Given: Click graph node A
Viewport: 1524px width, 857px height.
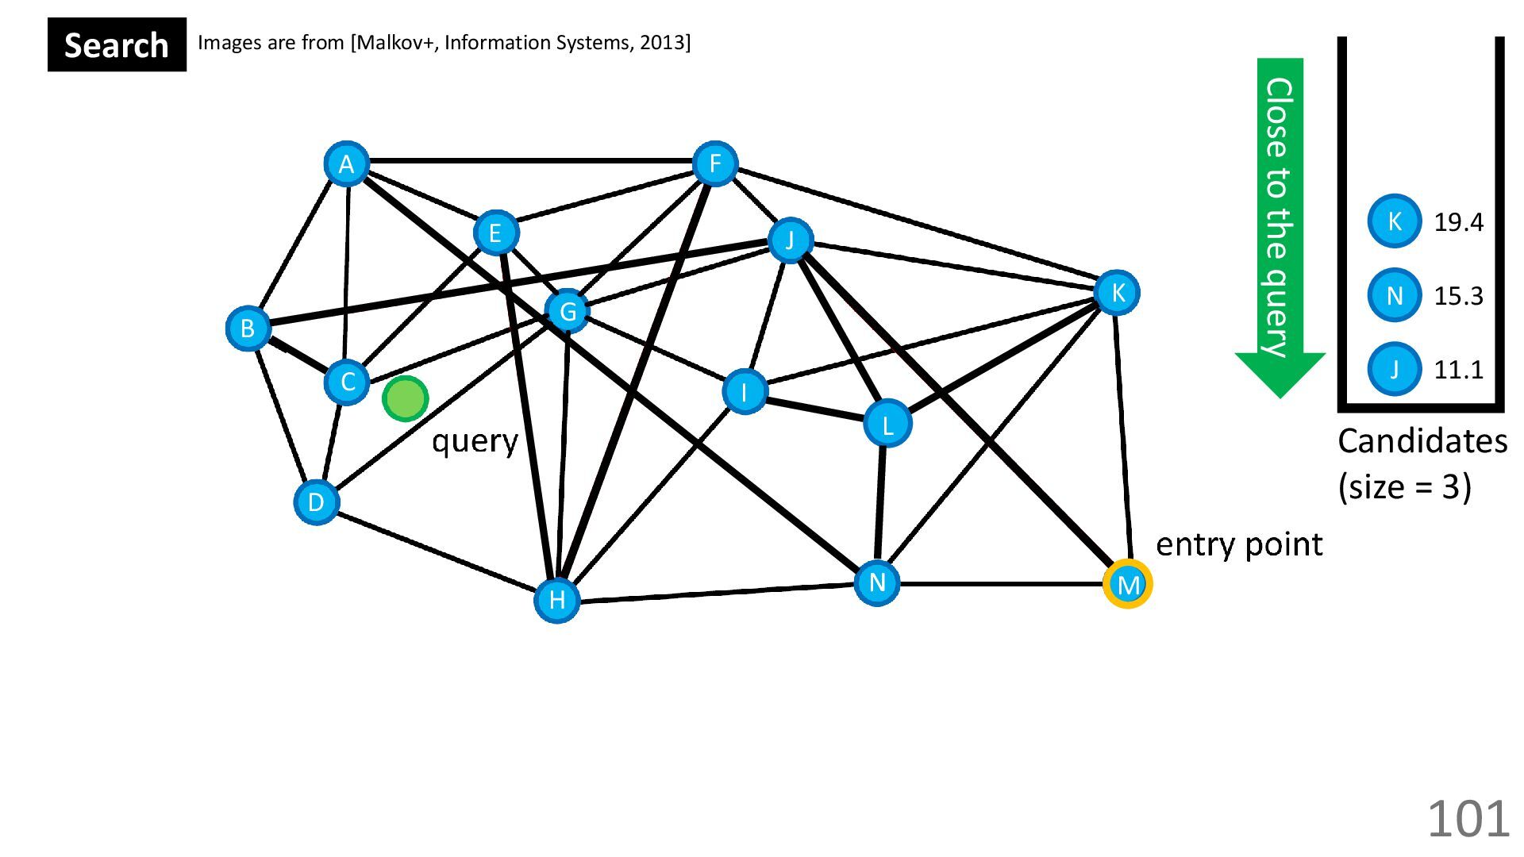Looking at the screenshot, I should (346, 164).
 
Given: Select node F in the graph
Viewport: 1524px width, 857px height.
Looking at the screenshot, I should (714, 164).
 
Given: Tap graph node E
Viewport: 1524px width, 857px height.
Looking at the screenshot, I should (495, 233).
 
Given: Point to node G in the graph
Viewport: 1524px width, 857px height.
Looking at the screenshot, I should (568, 311).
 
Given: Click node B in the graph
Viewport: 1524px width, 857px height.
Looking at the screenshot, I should (248, 328).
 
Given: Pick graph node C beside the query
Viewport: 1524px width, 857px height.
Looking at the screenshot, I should (347, 382).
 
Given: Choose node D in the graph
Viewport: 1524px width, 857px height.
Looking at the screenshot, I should (316, 502).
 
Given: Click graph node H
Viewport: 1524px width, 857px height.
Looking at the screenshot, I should (556, 600).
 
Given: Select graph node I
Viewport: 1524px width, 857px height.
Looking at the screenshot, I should (744, 391).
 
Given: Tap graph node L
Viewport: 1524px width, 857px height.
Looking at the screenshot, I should (887, 424).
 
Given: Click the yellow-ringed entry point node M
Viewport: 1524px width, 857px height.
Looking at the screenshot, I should (1127, 585).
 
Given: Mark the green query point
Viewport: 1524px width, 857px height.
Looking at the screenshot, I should (405, 398).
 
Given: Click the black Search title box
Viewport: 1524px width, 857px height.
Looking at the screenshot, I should (117, 45).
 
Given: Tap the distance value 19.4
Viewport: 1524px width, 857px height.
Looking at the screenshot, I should (1458, 222).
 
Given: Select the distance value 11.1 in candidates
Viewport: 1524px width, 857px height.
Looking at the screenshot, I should (1458, 370).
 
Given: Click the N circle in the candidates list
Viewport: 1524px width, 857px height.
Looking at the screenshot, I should (1394, 296).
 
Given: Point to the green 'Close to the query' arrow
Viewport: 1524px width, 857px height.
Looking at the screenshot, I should (1280, 222).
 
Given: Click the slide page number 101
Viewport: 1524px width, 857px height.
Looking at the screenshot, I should (1468, 819).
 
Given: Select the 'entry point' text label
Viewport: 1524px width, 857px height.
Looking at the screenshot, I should (1238, 545).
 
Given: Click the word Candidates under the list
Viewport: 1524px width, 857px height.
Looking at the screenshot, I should (1422, 441).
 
